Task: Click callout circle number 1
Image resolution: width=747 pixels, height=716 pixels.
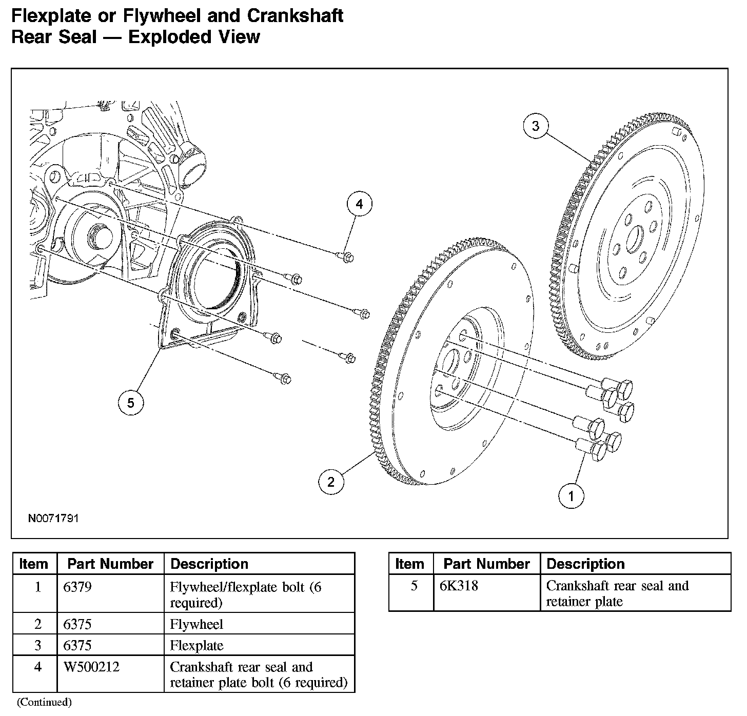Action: pos(571,496)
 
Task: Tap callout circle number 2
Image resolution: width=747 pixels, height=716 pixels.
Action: pos(331,482)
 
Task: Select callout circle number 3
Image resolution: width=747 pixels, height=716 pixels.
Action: pos(536,126)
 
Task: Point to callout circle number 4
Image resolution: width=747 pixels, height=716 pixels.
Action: pos(359,204)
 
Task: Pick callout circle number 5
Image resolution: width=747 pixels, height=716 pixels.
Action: pos(131,403)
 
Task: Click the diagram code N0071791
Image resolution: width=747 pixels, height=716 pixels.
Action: pos(53,519)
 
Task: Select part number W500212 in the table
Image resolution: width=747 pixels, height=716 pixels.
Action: pos(92,667)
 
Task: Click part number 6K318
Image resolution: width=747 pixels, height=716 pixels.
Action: pos(459,586)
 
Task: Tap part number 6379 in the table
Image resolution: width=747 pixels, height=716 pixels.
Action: pos(77,587)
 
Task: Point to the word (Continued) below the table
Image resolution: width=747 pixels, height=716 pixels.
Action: pos(44,702)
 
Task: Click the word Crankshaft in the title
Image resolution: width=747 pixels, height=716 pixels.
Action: pos(295,16)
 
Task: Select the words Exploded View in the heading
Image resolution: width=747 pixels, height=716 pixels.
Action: pos(194,37)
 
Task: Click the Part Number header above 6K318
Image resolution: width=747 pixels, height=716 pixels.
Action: pos(486,564)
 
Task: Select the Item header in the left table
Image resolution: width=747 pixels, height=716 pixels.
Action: pos(34,564)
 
